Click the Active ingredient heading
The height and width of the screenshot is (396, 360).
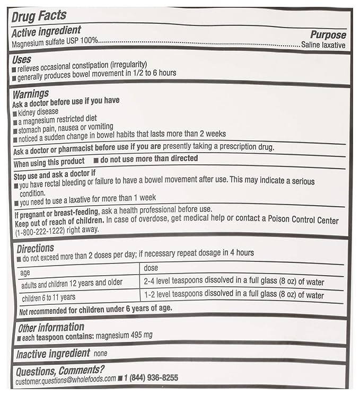tap(46, 31)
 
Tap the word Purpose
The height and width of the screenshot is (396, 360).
tap(328, 35)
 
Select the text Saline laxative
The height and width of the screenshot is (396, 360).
tap(323, 46)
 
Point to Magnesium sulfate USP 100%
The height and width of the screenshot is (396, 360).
tap(55, 41)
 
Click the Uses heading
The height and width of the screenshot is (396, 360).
tap(21, 59)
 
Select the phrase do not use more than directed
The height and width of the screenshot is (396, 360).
tap(149, 158)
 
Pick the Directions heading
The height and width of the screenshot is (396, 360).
tap(36, 248)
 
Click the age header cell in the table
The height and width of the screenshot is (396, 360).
tap(25, 272)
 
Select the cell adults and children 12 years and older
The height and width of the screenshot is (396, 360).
tap(71, 284)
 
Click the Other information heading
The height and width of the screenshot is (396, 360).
tap(51, 327)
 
